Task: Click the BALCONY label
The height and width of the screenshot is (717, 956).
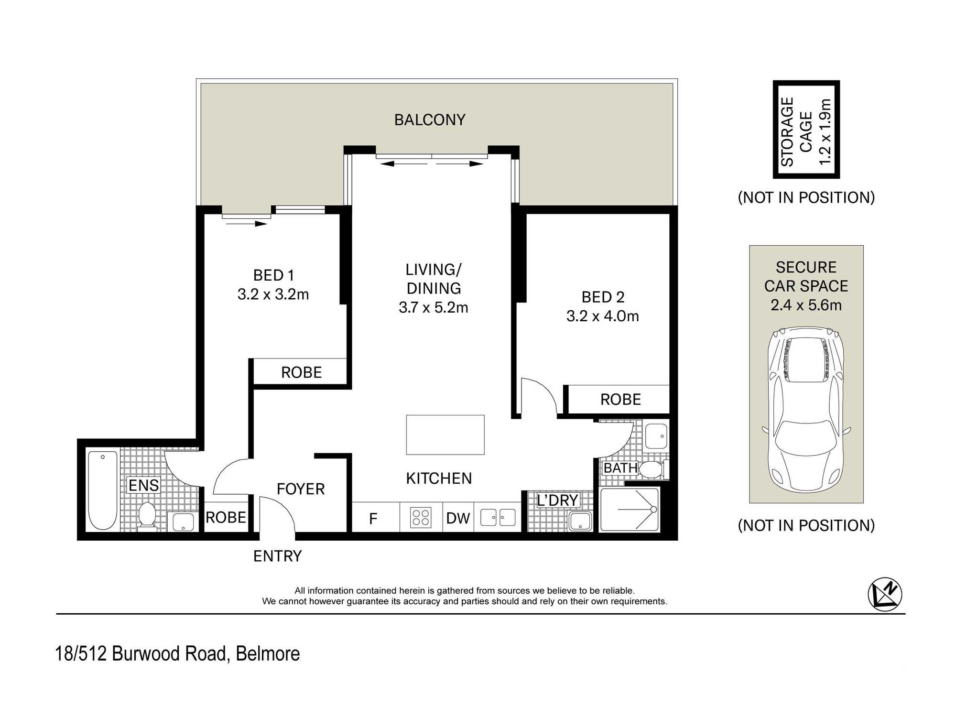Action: coord(430,119)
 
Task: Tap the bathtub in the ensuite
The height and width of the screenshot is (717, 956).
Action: coord(103,490)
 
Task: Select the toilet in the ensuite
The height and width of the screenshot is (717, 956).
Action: coord(147,516)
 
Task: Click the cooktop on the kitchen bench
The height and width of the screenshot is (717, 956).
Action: coord(421,518)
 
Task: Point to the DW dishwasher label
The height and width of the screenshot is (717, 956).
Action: coord(458,518)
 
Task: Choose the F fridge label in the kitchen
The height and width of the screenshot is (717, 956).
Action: coord(373,518)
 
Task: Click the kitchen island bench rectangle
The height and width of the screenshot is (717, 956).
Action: coord(445,435)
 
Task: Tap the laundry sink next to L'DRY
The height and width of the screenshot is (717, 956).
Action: coord(580,521)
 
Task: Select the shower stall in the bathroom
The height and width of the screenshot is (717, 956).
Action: coord(630,510)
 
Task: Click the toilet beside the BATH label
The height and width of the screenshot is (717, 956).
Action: coord(653,469)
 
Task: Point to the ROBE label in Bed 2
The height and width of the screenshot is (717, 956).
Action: coord(620,400)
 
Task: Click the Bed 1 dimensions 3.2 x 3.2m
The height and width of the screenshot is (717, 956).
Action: coord(273,294)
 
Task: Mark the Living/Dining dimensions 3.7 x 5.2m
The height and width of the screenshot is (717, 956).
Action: coord(434,307)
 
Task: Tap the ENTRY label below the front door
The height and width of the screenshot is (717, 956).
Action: coord(277,556)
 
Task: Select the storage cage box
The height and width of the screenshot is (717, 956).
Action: coord(806,130)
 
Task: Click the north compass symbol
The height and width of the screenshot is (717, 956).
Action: coord(885,594)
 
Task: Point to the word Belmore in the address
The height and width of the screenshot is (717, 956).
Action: coord(268,654)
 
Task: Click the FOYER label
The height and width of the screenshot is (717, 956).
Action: coord(301,489)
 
